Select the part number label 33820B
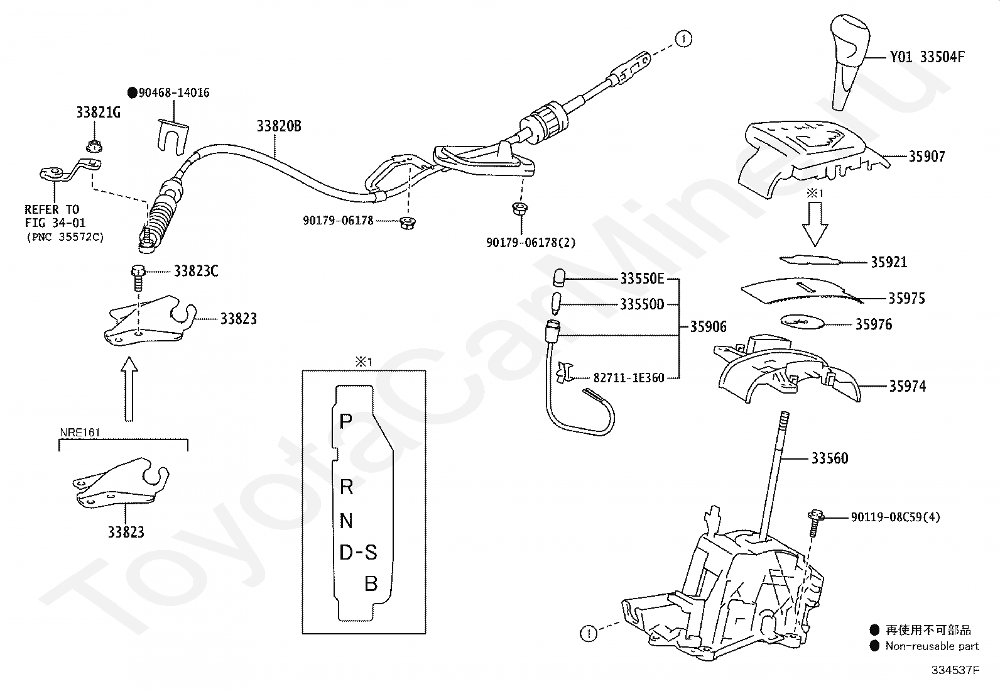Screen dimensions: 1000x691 279,126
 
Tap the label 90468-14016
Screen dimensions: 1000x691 174,92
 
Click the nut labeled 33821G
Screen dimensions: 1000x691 94,146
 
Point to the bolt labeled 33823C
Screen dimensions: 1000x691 138,277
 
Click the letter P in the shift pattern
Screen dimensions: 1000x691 346,421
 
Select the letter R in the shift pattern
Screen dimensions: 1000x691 347,487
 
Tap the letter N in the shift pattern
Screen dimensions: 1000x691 347,520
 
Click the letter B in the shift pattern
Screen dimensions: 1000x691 371,583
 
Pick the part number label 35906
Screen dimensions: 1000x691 709,327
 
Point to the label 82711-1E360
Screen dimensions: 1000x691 629,378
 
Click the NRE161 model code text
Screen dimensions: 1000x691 80,433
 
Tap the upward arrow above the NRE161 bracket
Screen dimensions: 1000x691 129,389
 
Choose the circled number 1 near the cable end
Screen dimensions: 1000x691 683,39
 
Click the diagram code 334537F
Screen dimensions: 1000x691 955,670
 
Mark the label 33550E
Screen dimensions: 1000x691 643,279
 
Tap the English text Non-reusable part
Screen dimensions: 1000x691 932,646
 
